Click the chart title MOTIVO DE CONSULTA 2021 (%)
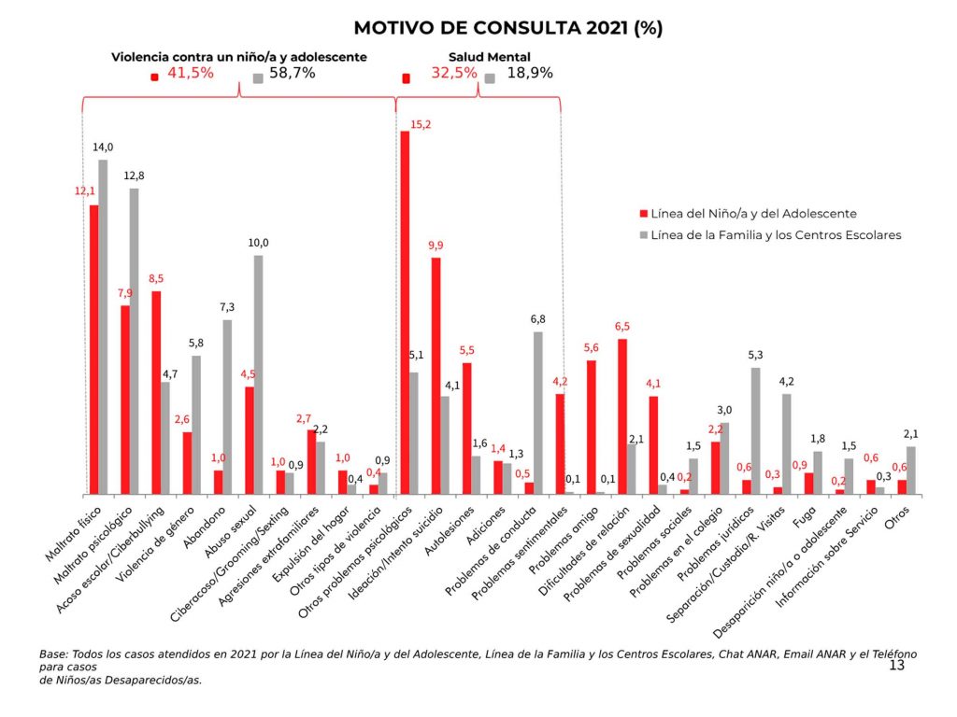point(507,28)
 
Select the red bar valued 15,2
point(405,312)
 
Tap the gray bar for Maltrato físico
point(103,326)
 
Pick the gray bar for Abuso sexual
point(258,374)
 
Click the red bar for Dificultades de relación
point(621,416)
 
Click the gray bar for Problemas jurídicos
point(755,430)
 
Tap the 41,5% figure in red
point(191,74)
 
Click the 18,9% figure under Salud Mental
point(530,74)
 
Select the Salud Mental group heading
point(477,57)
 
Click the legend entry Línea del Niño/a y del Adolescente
point(753,213)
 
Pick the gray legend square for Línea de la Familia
point(644,235)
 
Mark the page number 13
point(896,665)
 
